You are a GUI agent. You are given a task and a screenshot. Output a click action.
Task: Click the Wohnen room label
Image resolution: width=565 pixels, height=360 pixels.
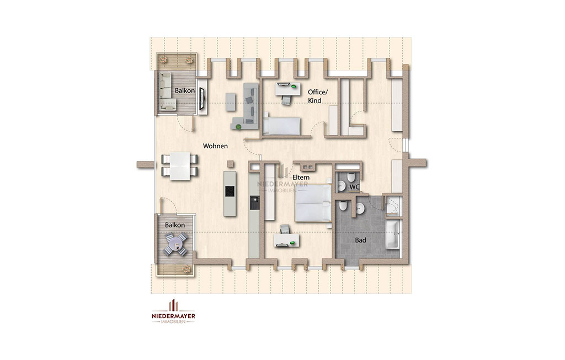(x=215, y=146)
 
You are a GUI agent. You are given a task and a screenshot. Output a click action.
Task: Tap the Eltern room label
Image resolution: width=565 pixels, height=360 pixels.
(x=301, y=178)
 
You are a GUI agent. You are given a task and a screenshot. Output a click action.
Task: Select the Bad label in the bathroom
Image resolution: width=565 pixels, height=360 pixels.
(x=360, y=240)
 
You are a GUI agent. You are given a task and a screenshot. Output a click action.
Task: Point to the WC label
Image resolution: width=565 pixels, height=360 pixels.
(x=354, y=187)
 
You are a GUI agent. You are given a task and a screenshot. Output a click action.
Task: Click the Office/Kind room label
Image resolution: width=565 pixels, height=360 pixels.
(x=318, y=96)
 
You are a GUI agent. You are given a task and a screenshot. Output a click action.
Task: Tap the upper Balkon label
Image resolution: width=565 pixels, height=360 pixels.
(x=185, y=91)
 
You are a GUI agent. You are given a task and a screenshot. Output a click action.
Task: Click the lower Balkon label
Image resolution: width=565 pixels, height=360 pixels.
(x=175, y=225)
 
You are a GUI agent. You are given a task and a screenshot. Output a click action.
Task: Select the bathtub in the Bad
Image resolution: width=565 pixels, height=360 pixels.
(x=393, y=235)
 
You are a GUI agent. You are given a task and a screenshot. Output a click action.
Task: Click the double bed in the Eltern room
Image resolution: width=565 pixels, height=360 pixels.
(x=313, y=203)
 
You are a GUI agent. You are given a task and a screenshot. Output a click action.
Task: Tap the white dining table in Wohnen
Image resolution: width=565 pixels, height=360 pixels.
(x=180, y=166)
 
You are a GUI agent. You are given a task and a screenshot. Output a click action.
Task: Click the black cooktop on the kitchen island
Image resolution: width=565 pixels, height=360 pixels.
(x=230, y=191)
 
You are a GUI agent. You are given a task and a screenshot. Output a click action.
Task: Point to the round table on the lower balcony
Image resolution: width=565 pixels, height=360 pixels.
(x=176, y=244)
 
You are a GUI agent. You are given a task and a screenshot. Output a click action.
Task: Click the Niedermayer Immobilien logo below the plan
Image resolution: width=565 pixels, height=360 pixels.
(x=173, y=311)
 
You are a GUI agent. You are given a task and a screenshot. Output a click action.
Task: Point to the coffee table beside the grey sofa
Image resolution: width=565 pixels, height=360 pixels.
(x=231, y=102)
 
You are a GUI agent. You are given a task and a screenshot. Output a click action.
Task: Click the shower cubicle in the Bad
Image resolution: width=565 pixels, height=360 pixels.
(x=393, y=206)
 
